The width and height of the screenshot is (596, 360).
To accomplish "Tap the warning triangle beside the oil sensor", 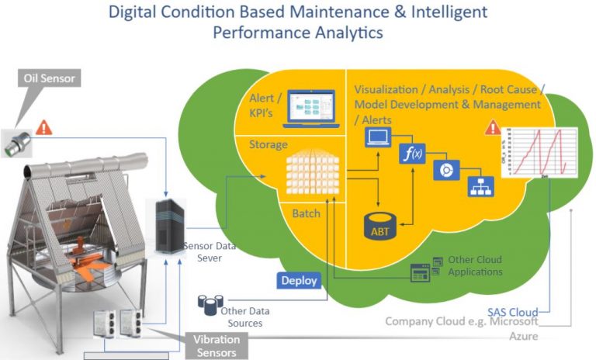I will tap(44, 126).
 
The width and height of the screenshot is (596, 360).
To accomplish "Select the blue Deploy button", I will tap(299, 280).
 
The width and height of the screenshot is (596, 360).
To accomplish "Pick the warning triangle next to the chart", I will tap(491, 127).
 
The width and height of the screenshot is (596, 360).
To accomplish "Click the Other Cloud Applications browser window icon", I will tap(421, 272).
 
